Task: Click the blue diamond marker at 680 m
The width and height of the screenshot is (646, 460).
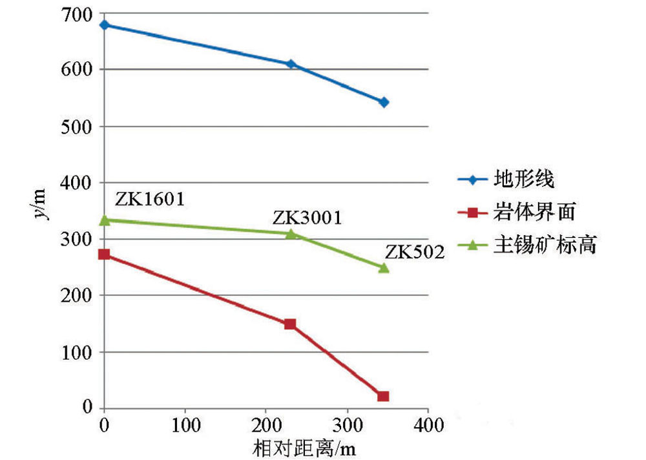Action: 104,25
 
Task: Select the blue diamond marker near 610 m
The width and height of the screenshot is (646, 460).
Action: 291,64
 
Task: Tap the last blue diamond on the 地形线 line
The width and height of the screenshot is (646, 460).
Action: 384,102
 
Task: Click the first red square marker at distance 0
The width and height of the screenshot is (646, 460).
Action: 104,254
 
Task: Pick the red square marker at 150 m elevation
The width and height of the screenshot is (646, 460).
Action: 290,324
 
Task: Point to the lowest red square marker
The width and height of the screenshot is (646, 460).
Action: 384,396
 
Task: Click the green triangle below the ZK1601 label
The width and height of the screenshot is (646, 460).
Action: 104,220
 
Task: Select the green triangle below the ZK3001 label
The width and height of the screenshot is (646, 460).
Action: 291,233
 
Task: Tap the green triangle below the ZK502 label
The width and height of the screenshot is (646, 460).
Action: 384,267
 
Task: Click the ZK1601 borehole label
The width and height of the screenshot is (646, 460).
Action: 150,198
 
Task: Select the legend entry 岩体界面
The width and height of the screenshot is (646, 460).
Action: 534,211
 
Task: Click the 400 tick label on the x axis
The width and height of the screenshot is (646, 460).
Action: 428,426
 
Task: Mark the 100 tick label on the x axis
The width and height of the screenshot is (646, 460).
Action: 185,426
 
